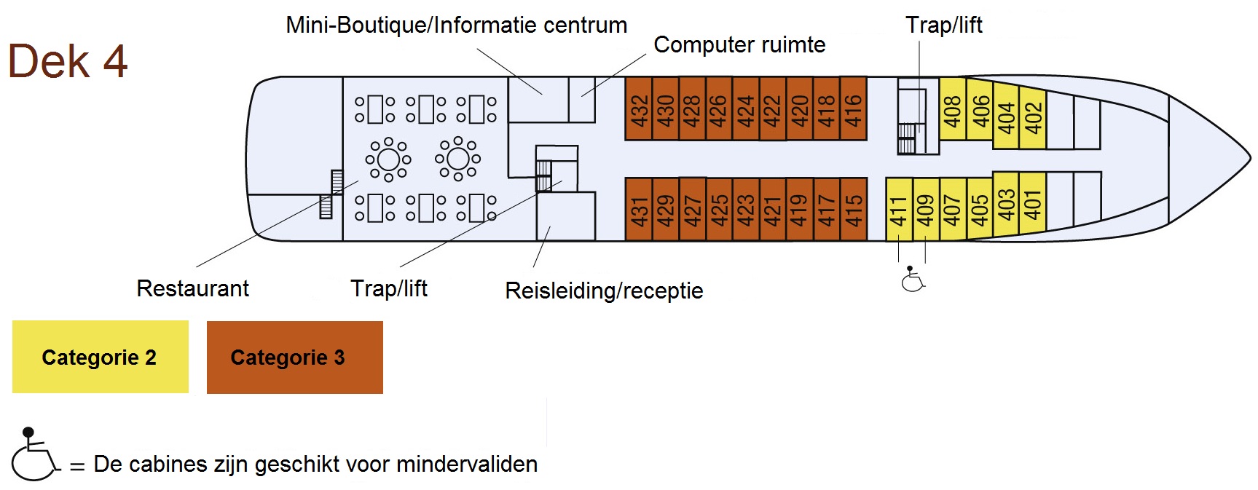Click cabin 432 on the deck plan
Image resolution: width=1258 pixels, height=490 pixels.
[x=639, y=109]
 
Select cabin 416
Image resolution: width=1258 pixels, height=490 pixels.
[x=853, y=109]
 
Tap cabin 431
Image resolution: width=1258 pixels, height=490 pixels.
[x=639, y=210]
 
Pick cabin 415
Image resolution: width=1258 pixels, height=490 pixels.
[x=853, y=210]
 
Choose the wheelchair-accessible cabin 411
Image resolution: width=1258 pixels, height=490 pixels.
[x=899, y=210]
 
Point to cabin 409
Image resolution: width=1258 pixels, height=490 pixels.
[x=926, y=210]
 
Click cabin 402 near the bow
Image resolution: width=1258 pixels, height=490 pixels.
[x=1034, y=118]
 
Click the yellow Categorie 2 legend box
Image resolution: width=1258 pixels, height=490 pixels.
[x=101, y=357]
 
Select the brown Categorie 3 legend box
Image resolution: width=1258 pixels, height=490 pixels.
[x=294, y=357]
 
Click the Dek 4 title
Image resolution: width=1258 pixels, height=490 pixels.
[x=68, y=61]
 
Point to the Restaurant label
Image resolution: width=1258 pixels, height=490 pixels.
[x=192, y=288]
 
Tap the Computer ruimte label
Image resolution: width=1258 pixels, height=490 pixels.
[x=739, y=45]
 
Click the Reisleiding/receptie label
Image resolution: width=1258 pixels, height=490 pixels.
[x=604, y=291]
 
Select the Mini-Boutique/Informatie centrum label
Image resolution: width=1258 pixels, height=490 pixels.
[x=456, y=25]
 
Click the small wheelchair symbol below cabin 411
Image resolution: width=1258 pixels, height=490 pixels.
[x=912, y=280]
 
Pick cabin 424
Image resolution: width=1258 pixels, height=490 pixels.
[x=746, y=109]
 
